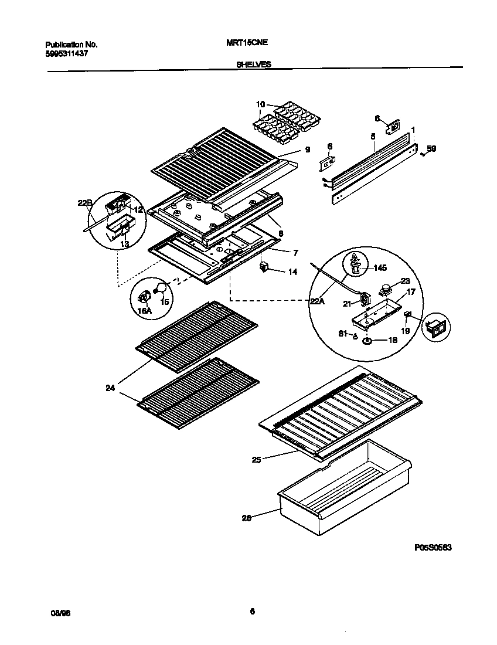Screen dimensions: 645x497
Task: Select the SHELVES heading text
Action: pos(253,66)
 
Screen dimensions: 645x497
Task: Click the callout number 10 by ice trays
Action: pos(260,105)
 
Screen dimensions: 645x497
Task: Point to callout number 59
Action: pos(431,149)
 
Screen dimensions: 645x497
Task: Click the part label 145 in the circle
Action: pos(380,267)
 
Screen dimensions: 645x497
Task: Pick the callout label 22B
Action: pos(85,203)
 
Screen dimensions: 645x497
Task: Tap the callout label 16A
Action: pos(144,311)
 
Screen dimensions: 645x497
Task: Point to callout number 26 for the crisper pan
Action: pos(247,518)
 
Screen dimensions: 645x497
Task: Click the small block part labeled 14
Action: pos(264,267)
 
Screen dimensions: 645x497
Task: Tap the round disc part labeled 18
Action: pos(366,341)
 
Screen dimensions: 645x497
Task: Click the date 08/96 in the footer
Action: pos(60,612)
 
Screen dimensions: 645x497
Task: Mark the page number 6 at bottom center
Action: pos(252,612)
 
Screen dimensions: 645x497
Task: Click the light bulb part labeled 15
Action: pos(159,287)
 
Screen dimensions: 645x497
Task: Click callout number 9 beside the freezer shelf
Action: pos(307,150)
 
